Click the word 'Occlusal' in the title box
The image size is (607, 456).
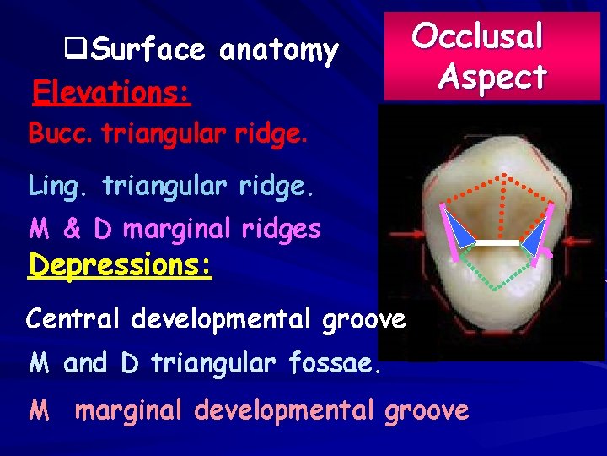(478, 36)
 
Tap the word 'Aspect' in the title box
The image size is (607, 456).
(492, 77)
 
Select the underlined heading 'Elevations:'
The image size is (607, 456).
(110, 91)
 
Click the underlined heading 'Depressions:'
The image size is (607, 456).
(120, 265)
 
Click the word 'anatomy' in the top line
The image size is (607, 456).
(278, 52)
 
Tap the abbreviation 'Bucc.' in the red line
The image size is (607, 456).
(61, 134)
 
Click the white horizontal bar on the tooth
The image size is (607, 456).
(497, 242)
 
